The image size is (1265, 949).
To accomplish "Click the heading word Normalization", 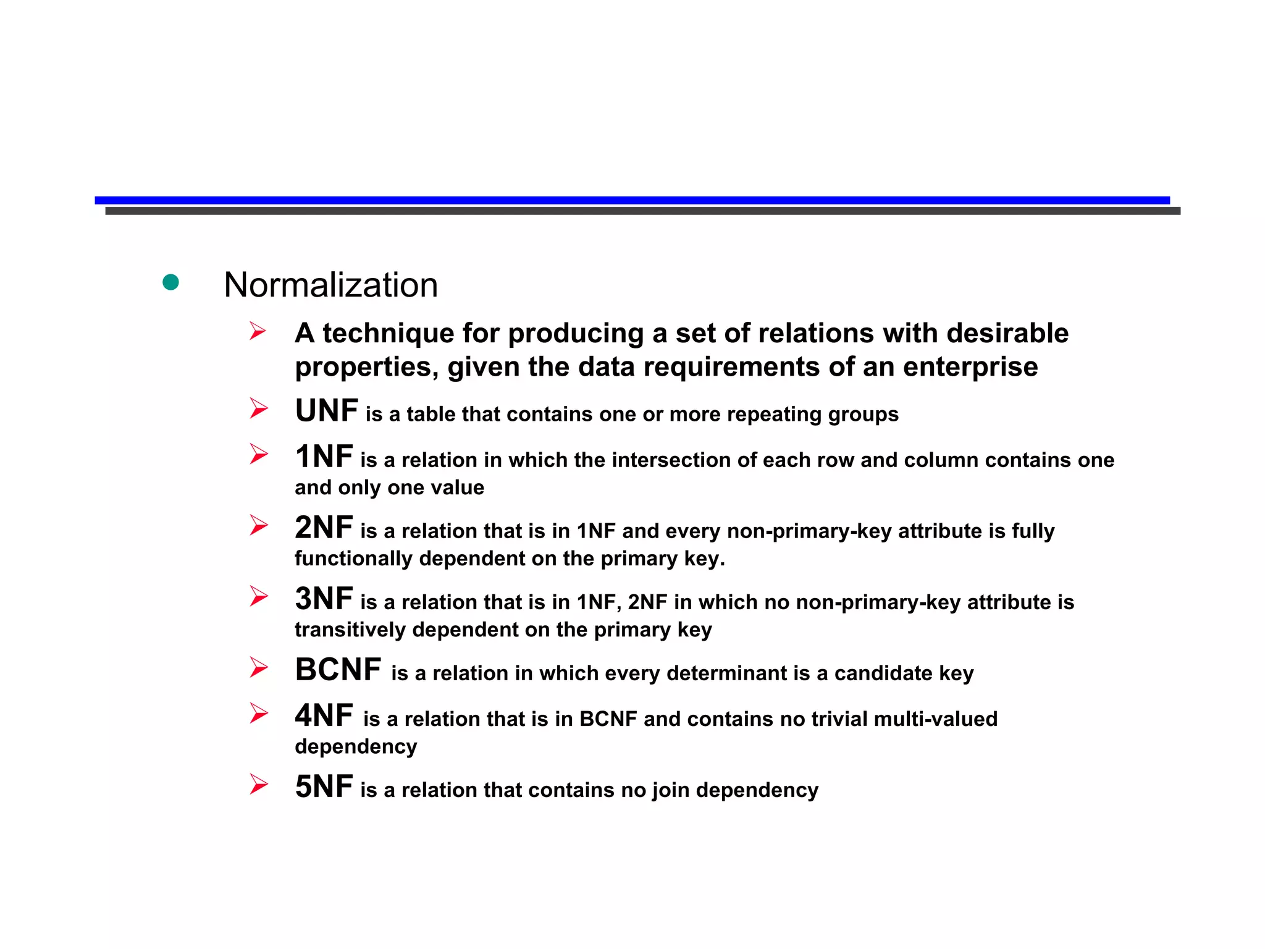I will coord(330,285).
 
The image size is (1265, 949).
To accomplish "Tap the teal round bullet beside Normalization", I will coord(170,282).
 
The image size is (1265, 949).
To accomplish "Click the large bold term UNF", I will coord(326,411).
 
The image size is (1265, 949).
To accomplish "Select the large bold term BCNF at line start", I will coord(338,670).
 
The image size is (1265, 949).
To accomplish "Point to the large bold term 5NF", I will coord(324,787).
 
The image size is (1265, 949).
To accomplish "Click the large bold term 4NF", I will coord(324,716).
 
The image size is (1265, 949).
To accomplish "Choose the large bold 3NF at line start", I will coord(324,599).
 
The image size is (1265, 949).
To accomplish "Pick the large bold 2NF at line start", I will coord(324,528).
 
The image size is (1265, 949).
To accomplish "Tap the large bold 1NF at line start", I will coord(324,457).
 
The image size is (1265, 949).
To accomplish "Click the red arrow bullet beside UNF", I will coord(258,408).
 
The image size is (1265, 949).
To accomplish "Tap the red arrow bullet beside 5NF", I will coord(258,785).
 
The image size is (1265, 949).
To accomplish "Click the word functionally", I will coord(353,559).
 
